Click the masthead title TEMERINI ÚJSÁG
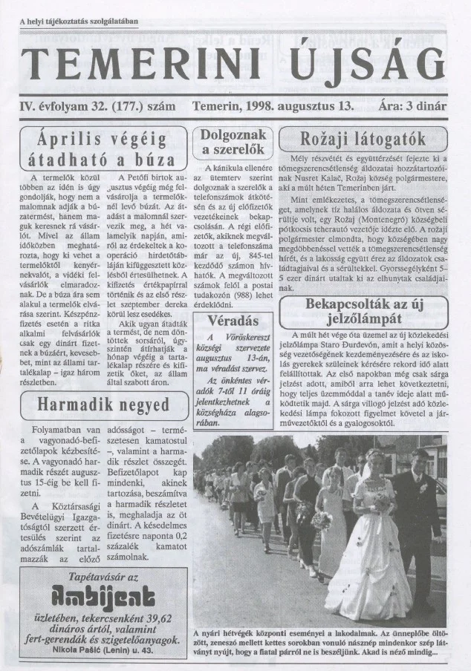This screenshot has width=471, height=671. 234,66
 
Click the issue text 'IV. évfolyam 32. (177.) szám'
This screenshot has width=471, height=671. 97,106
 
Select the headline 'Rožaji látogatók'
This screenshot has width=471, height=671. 363,139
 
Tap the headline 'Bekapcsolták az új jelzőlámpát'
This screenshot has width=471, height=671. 363,312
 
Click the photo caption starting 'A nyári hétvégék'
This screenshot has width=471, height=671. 319,643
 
